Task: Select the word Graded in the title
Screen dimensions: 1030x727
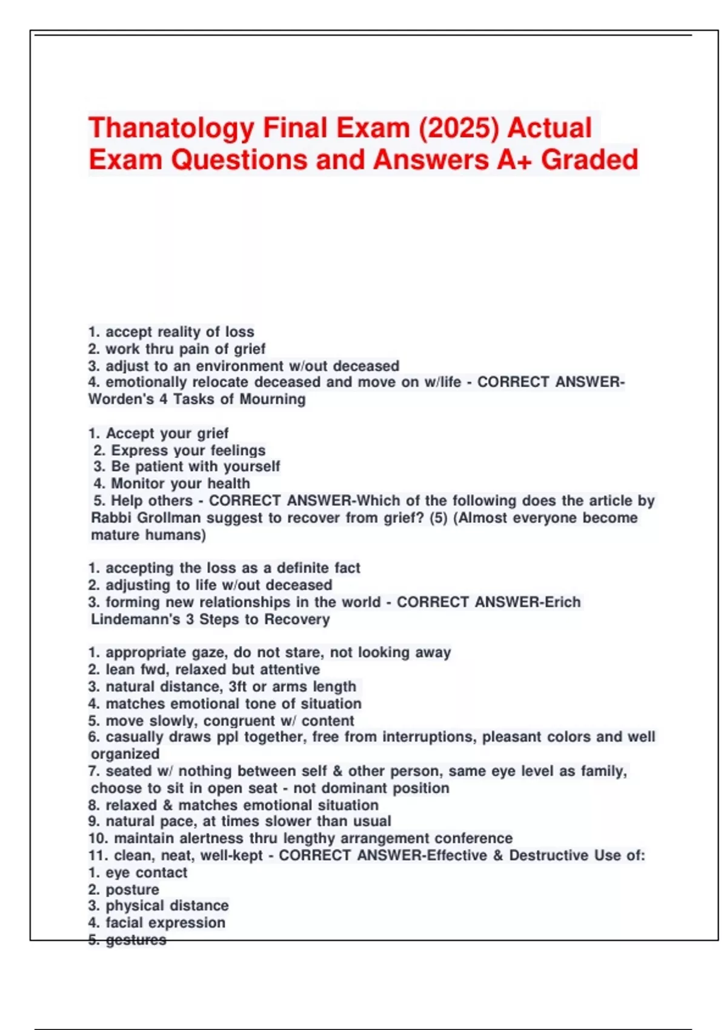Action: pos(589,161)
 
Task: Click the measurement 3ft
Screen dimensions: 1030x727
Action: pos(238,686)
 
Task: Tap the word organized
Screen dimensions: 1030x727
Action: pos(125,754)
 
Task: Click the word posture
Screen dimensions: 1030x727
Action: pos(132,889)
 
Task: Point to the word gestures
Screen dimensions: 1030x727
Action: pos(136,940)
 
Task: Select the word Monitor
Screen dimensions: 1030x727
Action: pos(139,483)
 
